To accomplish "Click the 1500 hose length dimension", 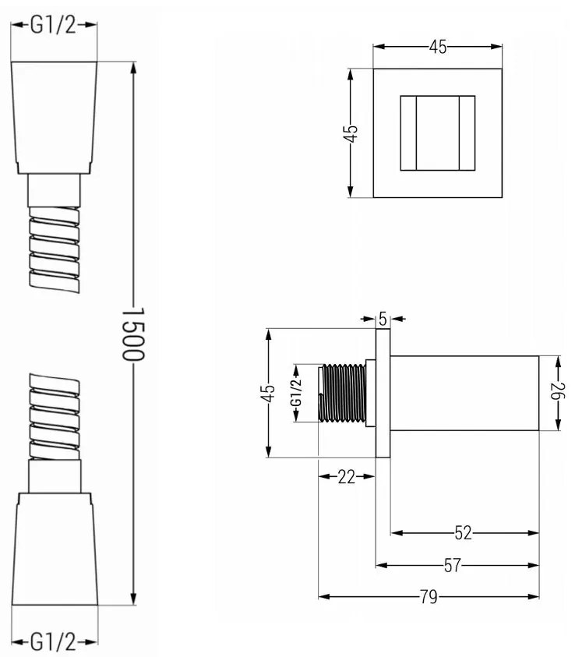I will point(134,331).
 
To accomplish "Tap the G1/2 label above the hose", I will point(54,25).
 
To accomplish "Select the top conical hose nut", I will point(54,117).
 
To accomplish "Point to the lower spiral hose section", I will point(54,417).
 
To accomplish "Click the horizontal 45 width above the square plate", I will point(438,47).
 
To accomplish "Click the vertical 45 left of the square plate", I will point(351,132).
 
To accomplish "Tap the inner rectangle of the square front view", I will point(437,132).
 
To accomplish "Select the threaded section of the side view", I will point(343,393).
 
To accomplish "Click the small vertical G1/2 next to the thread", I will point(296,393).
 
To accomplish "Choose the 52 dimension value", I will point(463,533).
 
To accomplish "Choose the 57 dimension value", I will point(453,566).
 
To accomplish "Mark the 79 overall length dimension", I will point(428,597).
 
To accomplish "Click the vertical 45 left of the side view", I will point(268,393).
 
